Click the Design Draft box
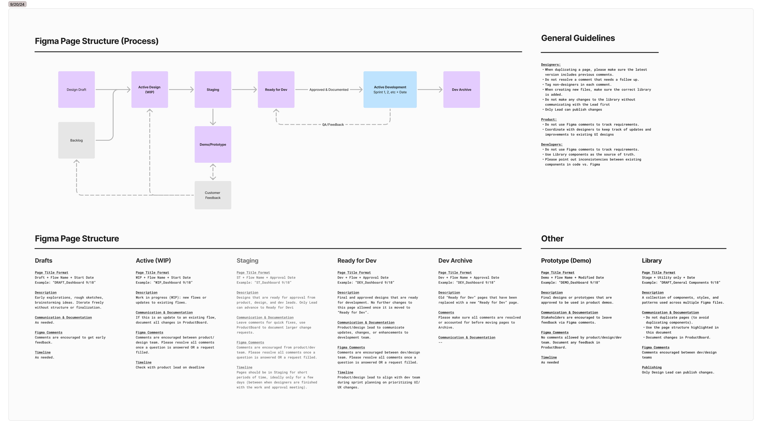point(77,90)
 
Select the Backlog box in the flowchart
point(77,140)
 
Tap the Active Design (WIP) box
point(150,90)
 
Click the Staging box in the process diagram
point(213,90)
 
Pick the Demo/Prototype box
point(213,144)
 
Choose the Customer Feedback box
point(213,195)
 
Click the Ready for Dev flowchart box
point(276,90)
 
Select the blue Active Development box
point(390,90)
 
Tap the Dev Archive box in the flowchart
point(461,90)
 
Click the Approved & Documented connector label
point(329,90)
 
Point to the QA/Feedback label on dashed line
point(333,125)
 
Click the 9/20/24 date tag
point(17,4)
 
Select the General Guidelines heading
point(578,38)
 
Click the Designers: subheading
point(550,65)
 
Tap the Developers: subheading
point(552,144)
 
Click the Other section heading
point(552,239)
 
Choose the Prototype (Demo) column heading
point(566,261)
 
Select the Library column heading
point(652,261)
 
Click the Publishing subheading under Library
point(652,367)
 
